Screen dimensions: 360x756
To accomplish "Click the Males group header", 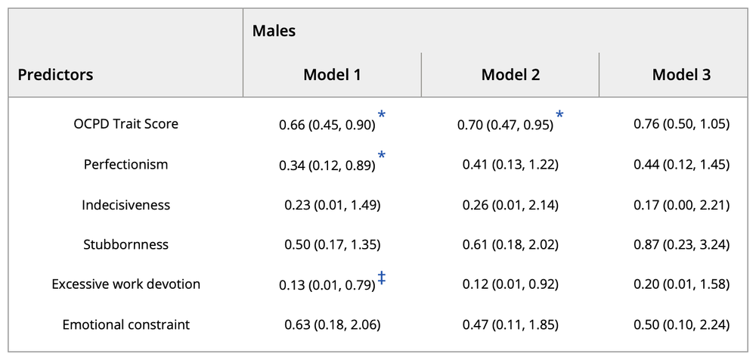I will tap(274, 31).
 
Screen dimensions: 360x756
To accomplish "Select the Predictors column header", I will tap(56, 75).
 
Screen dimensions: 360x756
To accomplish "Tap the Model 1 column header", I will tap(332, 75).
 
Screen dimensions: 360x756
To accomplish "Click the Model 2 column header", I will tap(510, 75).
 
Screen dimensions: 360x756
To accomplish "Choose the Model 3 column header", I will tap(681, 75).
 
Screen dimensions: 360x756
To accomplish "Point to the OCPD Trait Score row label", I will tap(126, 123).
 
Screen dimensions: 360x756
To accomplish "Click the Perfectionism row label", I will tap(126, 164).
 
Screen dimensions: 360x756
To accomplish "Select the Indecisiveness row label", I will tap(126, 204).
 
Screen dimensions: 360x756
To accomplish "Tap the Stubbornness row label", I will tap(126, 244).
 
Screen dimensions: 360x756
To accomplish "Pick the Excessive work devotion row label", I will tap(126, 284).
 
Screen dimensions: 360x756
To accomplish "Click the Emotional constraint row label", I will tap(126, 324).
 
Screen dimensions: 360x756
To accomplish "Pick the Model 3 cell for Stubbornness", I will tap(681, 244).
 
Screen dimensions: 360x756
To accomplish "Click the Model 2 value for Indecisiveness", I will tap(508, 204).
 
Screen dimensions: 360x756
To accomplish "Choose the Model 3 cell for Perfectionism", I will tap(681, 164).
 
